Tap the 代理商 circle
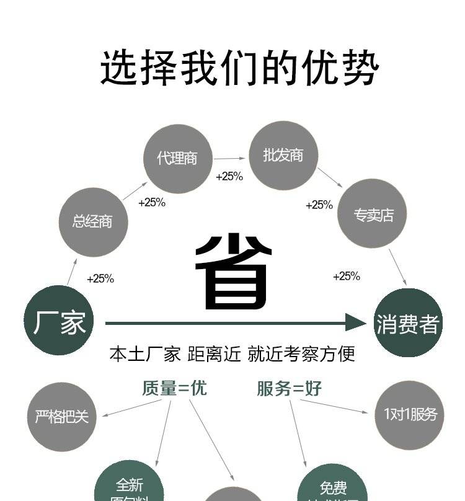(177, 159)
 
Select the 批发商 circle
(283, 155)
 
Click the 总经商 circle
(93, 222)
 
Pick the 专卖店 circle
(373, 215)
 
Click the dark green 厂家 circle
(59, 321)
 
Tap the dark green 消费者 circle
(408, 323)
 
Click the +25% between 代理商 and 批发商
(229, 177)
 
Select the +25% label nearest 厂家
(100, 279)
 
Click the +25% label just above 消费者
(347, 277)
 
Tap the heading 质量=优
(174, 388)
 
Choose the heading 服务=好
(290, 389)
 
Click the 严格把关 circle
(61, 416)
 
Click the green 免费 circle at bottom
(333, 487)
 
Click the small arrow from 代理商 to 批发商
(230, 159)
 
